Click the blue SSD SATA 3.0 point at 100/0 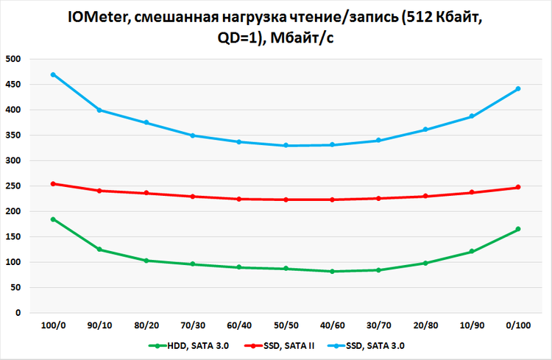click(52, 74)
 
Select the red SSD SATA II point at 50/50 click(286, 200)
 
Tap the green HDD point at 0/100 click(518, 229)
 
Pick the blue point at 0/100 click(518, 88)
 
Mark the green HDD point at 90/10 click(99, 250)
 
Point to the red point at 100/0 click(52, 183)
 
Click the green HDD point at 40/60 click(332, 272)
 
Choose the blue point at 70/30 click(192, 135)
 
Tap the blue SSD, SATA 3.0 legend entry click(372, 345)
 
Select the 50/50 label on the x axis click(286, 325)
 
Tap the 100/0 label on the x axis click(52, 325)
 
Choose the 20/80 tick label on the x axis click(425, 325)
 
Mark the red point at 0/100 click(518, 187)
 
